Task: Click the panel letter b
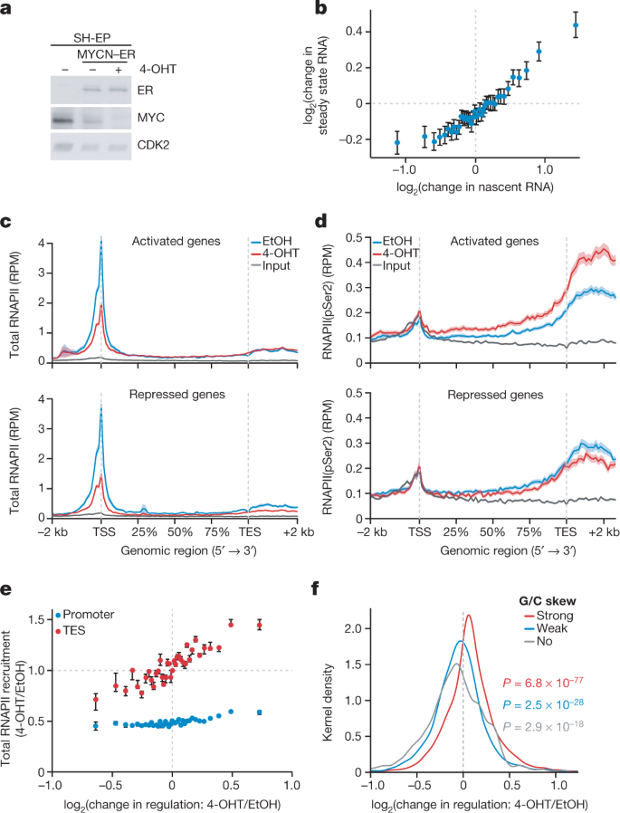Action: [321, 8]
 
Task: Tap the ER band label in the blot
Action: [145, 91]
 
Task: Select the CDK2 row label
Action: [154, 145]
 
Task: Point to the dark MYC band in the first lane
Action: [64, 120]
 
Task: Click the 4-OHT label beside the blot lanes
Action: [158, 69]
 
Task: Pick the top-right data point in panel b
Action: [576, 24]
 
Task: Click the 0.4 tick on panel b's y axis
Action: [355, 32]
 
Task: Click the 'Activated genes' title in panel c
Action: [176, 241]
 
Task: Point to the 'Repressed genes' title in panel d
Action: [496, 395]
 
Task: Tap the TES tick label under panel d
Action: [566, 532]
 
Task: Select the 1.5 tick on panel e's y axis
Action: [36, 619]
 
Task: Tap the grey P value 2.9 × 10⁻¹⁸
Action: [543, 725]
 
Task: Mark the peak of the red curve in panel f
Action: [468, 616]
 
